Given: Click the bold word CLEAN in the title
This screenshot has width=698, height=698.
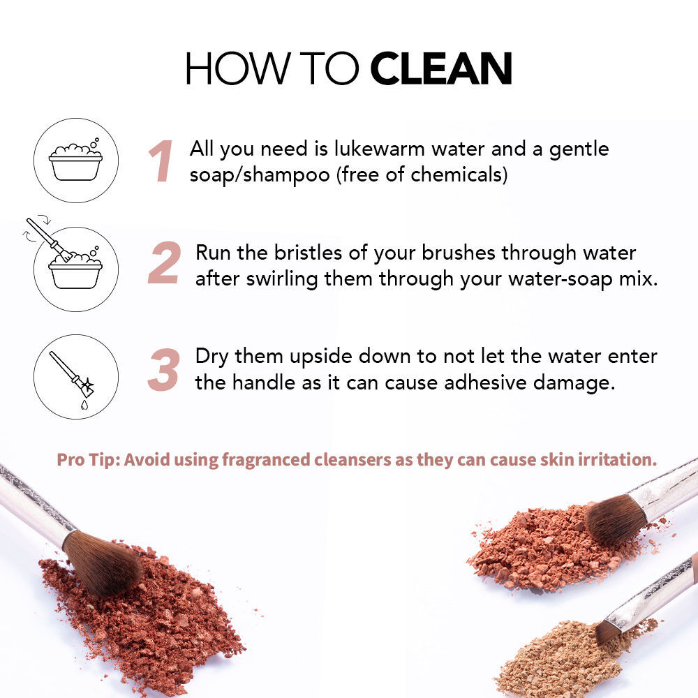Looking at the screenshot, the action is pos(441,68).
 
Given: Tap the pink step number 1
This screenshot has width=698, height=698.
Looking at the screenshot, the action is pos(161,161).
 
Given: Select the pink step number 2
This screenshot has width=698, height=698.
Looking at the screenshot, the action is pos(164,262).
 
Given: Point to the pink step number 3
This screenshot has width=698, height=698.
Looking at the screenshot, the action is pos(164,370).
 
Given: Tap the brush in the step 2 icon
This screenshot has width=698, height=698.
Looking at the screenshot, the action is pos(49,239).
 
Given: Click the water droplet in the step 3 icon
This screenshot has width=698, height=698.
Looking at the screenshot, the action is pos(84,405).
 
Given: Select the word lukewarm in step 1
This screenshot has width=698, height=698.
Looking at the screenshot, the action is pos(379,149).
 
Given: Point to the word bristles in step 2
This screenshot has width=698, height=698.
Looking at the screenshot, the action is pos(308,253).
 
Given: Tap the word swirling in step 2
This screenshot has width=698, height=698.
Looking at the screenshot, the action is pos(282,280).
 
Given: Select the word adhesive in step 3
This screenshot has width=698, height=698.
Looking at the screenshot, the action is pos(485,383).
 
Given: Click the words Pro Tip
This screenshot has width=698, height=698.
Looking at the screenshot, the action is pos(88,460).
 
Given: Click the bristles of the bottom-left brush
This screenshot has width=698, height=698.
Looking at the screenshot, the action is pos(103,562).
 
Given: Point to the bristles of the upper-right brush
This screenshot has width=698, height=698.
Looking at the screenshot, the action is pos(615,519).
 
